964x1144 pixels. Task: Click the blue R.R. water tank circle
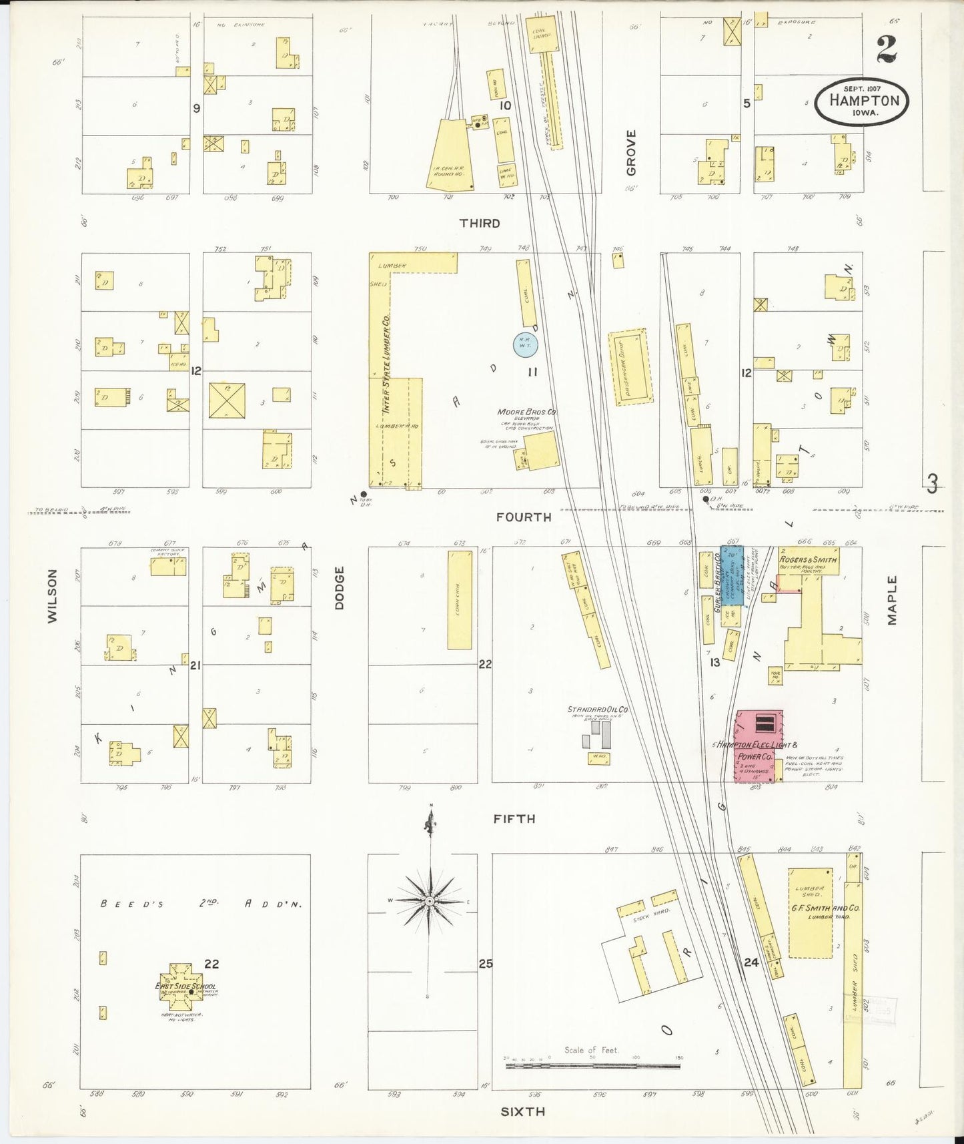click(x=525, y=344)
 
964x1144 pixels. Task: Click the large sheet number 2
click(x=887, y=49)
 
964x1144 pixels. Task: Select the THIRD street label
click(x=479, y=224)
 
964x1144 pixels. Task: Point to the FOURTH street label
click(x=524, y=517)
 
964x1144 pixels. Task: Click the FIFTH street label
click(x=514, y=819)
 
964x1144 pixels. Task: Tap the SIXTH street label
click(x=522, y=1111)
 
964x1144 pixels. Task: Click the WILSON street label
click(x=53, y=596)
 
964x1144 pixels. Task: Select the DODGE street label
click(x=340, y=587)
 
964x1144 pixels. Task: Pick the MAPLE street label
click(x=892, y=600)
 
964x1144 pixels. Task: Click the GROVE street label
click(x=631, y=153)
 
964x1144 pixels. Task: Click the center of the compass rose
click(x=430, y=901)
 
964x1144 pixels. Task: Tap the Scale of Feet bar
click(x=594, y=1066)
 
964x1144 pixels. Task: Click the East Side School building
click(x=185, y=987)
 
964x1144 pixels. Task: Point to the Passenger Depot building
click(x=630, y=366)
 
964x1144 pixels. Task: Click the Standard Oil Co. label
click(x=598, y=709)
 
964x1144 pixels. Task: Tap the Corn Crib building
click(x=459, y=599)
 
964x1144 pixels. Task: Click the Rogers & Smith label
click(x=808, y=559)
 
